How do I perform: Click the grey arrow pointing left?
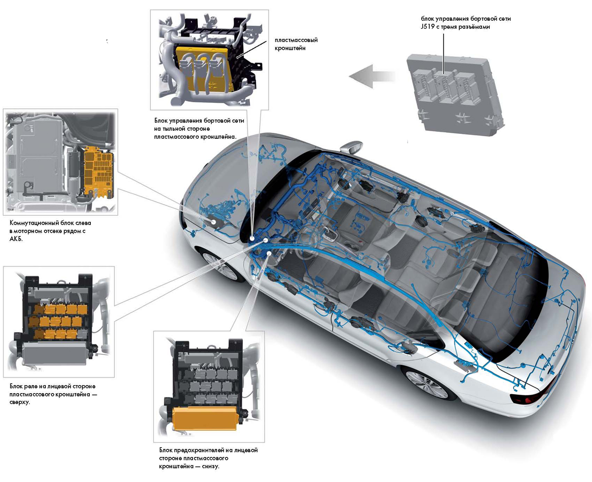point(371,77)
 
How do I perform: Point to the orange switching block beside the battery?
point(99,170)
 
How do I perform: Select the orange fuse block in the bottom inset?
point(202,417)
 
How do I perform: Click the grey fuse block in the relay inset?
point(54,354)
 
